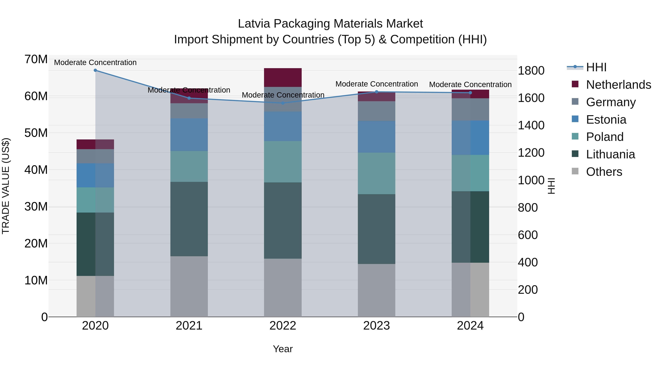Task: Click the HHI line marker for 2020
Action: [x=95, y=70]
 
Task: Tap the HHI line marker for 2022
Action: [x=283, y=103]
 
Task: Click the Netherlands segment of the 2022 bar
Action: [x=283, y=78]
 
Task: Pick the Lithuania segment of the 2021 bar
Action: [x=189, y=219]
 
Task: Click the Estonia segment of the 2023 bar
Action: [x=376, y=137]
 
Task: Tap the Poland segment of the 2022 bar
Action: [x=283, y=162]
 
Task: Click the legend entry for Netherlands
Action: [x=618, y=85]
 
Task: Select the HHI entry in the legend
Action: [x=596, y=67]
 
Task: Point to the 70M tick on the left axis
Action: [x=36, y=59]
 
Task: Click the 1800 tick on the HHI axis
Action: [x=531, y=71]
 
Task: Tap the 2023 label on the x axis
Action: [x=376, y=326]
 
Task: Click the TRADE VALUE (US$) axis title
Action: [x=6, y=186]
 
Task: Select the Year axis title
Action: [x=283, y=349]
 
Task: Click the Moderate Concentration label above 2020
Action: [x=95, y=62]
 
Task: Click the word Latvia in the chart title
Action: [x=254, y=24]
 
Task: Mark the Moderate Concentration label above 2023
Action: [x=376, y=84]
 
